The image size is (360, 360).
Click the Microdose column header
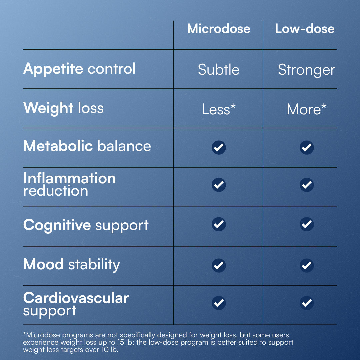(219, 29)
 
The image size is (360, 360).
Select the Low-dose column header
(305, 29)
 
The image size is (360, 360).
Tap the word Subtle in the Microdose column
(219, 69)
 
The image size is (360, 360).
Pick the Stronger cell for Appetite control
(307, 70)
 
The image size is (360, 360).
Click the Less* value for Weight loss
(219, 109)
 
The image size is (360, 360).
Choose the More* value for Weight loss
(307, 109)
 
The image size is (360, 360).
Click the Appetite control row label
(79, 69)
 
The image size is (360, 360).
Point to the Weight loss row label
(63, 108)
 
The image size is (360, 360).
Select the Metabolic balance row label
(87, 146)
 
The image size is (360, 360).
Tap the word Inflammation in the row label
(69, 178)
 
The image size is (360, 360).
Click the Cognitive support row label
(86, 225)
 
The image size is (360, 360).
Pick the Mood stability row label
(72, 264)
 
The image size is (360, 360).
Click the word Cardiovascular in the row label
(76, 298)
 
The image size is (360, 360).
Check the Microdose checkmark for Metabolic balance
(219, 147)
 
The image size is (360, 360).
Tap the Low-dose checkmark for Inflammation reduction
(307, 185)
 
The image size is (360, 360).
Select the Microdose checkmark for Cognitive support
(219, 224)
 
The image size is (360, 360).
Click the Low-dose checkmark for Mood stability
(307, 265)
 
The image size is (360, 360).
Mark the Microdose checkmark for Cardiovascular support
(219, 303)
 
